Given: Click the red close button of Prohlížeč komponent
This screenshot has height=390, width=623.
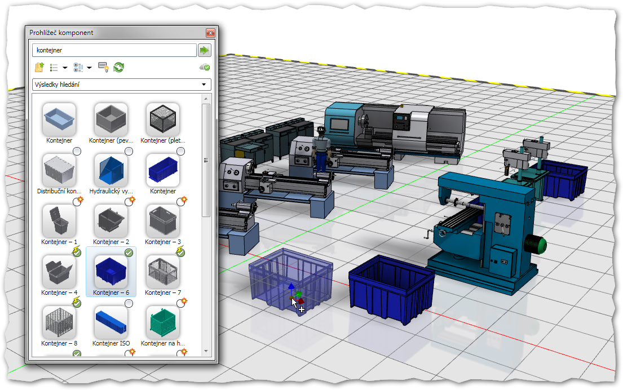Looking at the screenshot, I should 210,33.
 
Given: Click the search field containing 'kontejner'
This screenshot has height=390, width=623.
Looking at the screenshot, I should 114,50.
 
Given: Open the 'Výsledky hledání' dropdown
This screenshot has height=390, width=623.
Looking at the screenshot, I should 121,85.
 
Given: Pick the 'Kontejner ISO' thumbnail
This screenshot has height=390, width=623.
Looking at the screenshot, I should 111,322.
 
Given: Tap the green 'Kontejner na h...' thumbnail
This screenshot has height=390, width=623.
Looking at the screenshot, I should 163,322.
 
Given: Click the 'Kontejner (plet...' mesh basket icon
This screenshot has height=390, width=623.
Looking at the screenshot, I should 163,119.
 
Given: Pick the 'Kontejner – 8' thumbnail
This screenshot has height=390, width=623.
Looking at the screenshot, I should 59,322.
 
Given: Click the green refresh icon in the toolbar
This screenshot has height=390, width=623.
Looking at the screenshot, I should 119,68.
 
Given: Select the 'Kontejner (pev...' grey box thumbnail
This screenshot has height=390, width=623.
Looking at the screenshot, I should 111,119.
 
